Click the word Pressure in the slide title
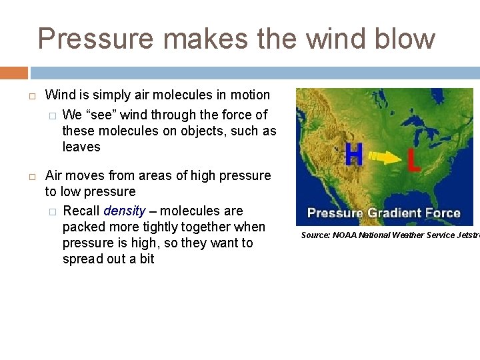tap(96, 39)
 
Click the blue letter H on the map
tap(353, 157)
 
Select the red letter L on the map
tap(413, 160)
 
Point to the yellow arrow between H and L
tap(383, 158)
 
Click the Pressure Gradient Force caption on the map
tap(384, 213)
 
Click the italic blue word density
tap(124, 211)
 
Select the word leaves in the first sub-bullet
tap(81, 147)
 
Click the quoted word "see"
tap(97, 115)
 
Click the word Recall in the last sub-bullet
tap(81, 211)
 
